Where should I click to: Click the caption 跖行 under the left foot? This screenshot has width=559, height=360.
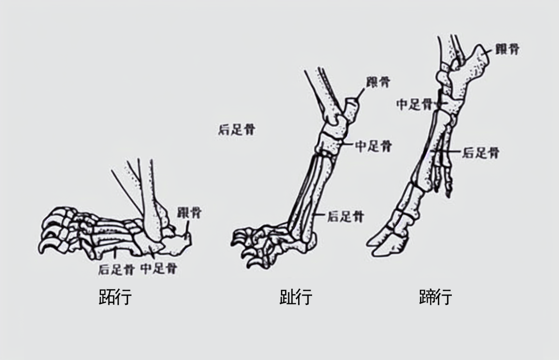[x=115, y=297]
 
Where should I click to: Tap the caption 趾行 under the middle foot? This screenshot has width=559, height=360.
[x=296, y=297]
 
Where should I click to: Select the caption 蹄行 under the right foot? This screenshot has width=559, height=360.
[x=436, y=297]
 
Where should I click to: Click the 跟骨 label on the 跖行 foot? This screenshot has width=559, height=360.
[x=189, y=212]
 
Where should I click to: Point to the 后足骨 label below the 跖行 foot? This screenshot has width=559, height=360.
[x=116, y=269]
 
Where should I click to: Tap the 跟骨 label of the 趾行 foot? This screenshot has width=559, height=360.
[x=378, y=82]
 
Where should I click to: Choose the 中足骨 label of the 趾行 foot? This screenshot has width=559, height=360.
[x=373, y=146]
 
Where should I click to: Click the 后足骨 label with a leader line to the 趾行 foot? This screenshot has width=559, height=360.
[x=345, y=217]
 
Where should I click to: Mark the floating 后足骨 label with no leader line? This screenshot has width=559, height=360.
[x=237, y=129]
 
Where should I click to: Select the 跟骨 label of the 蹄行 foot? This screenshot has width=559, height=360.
[x=507, y=50]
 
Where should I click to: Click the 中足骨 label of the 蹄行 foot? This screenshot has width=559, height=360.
[x=415, y=104]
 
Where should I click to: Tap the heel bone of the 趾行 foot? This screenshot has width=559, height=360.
[x=351, y=110]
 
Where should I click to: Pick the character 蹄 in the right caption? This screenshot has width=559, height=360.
[x=427, y=297]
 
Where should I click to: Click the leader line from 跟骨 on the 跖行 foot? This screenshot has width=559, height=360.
[x=187, y=228]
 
